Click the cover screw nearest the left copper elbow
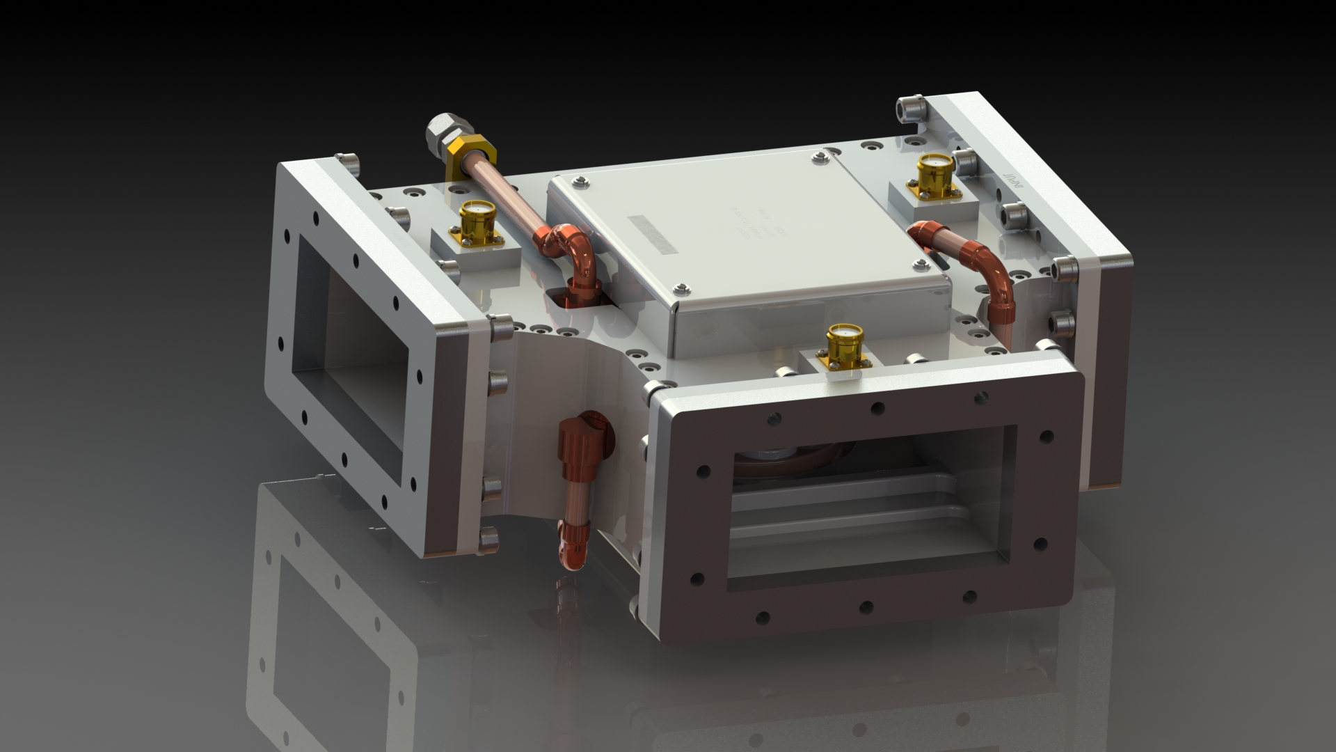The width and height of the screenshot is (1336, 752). [579, 182]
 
